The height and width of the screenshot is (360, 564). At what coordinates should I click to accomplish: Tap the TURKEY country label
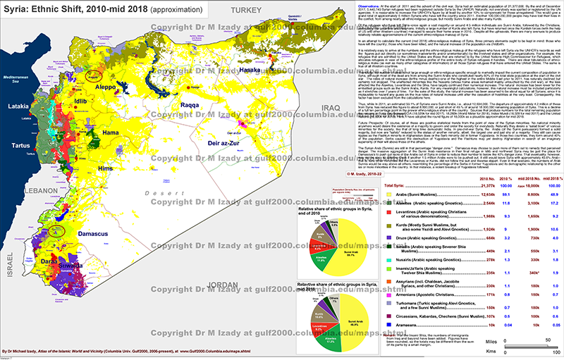click(x=247, y=11)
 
